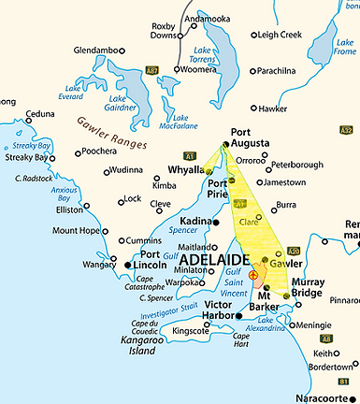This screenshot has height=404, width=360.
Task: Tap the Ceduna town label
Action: (40, 114)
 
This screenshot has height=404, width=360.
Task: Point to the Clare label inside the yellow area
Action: (250, 222)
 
